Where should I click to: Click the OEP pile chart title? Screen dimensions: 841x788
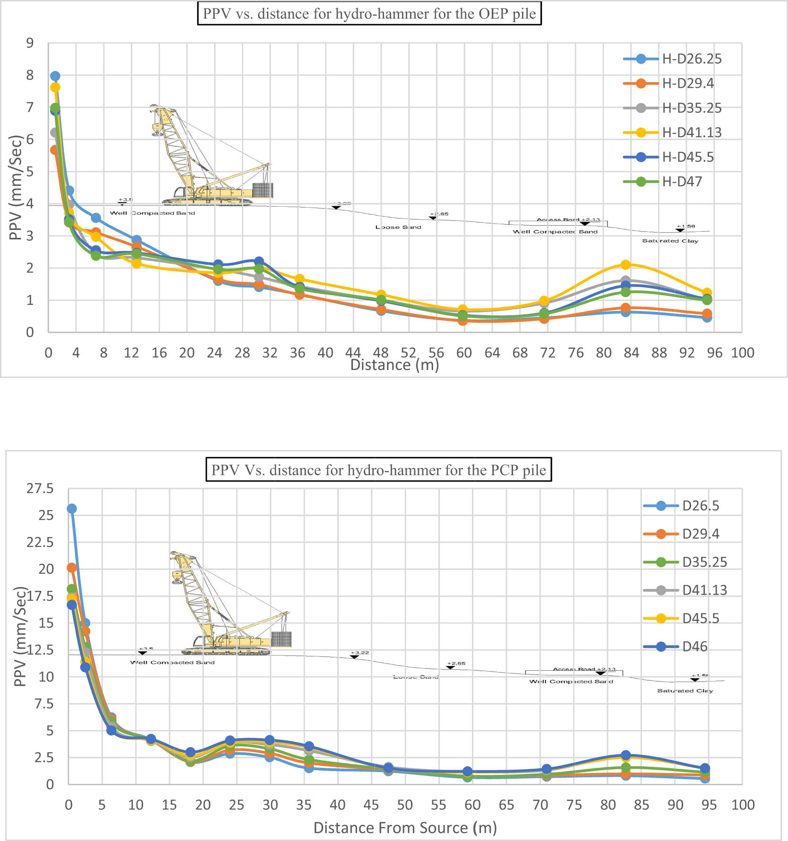point(369,14)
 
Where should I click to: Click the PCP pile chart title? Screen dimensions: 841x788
point(378,470)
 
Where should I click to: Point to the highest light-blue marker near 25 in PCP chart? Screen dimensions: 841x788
point(72,509)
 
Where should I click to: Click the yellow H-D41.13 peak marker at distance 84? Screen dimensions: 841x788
point(626,265)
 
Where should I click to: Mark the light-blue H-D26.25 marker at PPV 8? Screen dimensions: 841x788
point(55,76)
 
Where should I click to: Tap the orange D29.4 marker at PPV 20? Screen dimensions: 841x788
point(72,567)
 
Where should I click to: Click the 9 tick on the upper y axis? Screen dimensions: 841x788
point(30,43)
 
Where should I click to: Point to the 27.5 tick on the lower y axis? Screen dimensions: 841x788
point(40,488)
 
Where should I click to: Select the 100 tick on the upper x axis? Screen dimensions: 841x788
point(742,353)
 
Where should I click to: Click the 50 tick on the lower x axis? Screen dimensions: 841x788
point(405,805)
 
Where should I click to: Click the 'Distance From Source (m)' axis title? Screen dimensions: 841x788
point(405,828)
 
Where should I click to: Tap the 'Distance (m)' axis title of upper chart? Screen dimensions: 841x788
point(394,365)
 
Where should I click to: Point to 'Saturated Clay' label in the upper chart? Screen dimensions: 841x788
point(670,241)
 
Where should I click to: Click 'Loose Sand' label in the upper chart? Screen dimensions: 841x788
point(398,227)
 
